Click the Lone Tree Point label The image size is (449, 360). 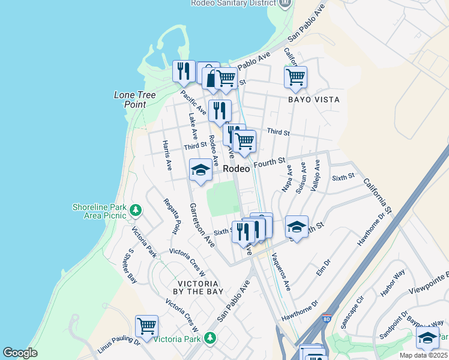pos(135,100)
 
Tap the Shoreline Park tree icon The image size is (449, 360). pos(136,210)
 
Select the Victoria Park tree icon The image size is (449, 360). pos(209,338)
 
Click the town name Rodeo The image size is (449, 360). pos(237,169)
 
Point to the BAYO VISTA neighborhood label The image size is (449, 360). pos(313,100)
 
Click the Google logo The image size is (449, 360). pos(20,353)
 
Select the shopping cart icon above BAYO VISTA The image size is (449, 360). pos(295,77)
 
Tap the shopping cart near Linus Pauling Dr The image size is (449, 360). pos(146,326)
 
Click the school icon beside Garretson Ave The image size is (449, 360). pos(200,170)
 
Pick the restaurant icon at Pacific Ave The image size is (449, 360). pos(184,71)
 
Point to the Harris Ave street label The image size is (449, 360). pos(167,154)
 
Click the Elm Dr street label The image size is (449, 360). pos(324,267)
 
